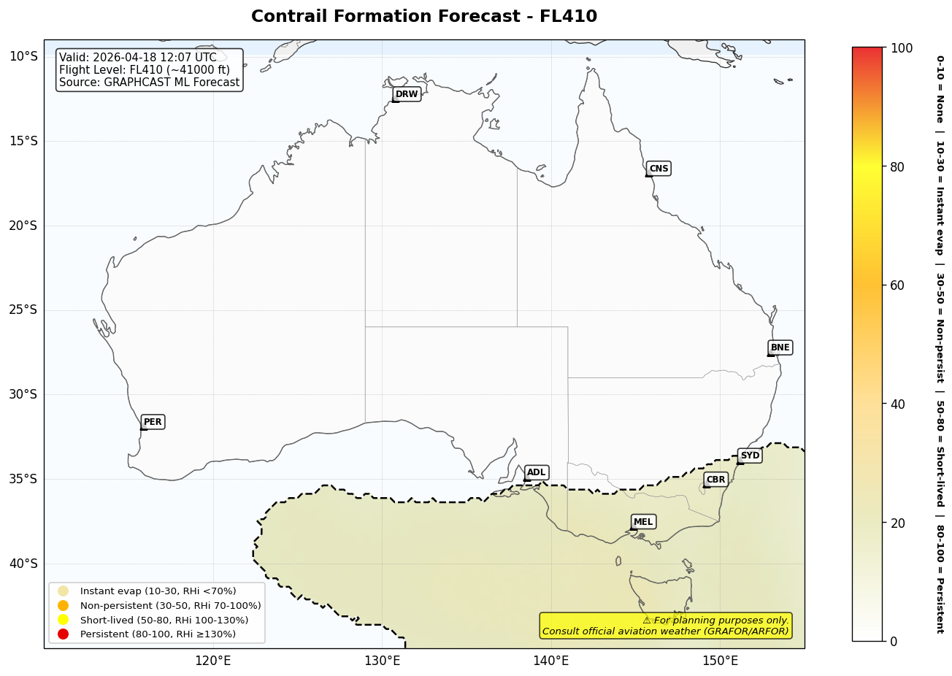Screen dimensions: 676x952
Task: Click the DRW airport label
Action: [407, 94]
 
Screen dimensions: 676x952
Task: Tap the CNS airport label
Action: [659, 169]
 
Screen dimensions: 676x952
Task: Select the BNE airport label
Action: [780, 347]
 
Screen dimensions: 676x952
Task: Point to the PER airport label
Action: [153, 422]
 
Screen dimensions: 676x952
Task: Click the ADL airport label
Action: [536, 473]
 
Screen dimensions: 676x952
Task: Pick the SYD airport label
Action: [750, 456]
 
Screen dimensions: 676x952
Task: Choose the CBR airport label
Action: [715, 480]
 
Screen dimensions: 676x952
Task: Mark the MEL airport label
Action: [643, 522]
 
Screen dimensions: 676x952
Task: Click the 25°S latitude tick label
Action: [23, 310]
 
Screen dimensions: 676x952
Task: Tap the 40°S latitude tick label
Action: [23, 564]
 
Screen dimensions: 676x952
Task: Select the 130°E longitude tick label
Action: [382, 661]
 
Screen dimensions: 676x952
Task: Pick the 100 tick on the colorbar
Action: [901, 48]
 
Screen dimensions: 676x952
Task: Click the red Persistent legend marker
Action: [64, 634]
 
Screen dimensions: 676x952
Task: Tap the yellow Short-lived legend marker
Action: [64, 620]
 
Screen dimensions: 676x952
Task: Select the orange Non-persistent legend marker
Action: [64, 605]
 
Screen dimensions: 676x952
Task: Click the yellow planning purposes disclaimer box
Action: [665, 626]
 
